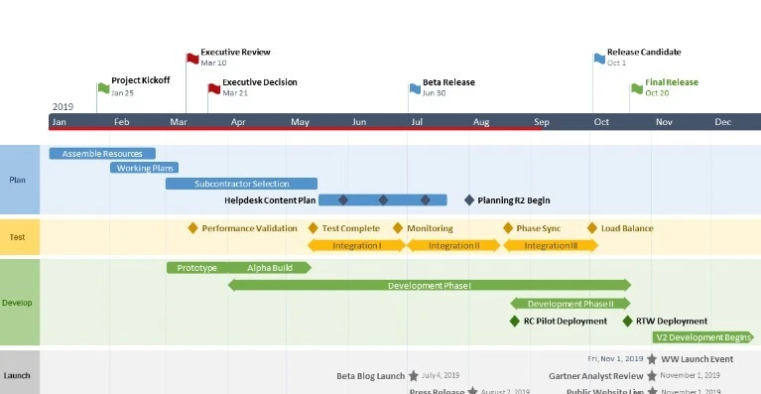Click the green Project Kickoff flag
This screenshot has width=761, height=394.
(104, 87)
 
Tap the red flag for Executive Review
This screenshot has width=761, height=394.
(193, 58)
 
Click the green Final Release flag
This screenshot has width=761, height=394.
(638, 87)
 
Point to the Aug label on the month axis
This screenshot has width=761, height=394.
(480, 122)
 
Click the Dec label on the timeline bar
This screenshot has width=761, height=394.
(723, 122)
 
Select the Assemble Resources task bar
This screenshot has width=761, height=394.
(102, 154)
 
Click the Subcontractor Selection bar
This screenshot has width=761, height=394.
(241, 184)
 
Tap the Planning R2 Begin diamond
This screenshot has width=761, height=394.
(469, 199)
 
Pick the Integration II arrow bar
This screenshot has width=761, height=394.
(453, 245)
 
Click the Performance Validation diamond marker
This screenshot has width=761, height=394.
(193, 228)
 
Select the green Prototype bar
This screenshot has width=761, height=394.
(196, 268)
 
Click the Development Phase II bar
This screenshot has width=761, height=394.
(570, 304)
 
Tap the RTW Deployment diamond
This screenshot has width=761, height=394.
(627, 321)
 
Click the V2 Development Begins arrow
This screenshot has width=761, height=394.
(703, 337)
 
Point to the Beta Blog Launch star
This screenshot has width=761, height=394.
(414, 376)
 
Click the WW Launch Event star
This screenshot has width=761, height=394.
(651, 359)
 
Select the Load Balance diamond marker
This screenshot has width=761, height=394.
(592, 228)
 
